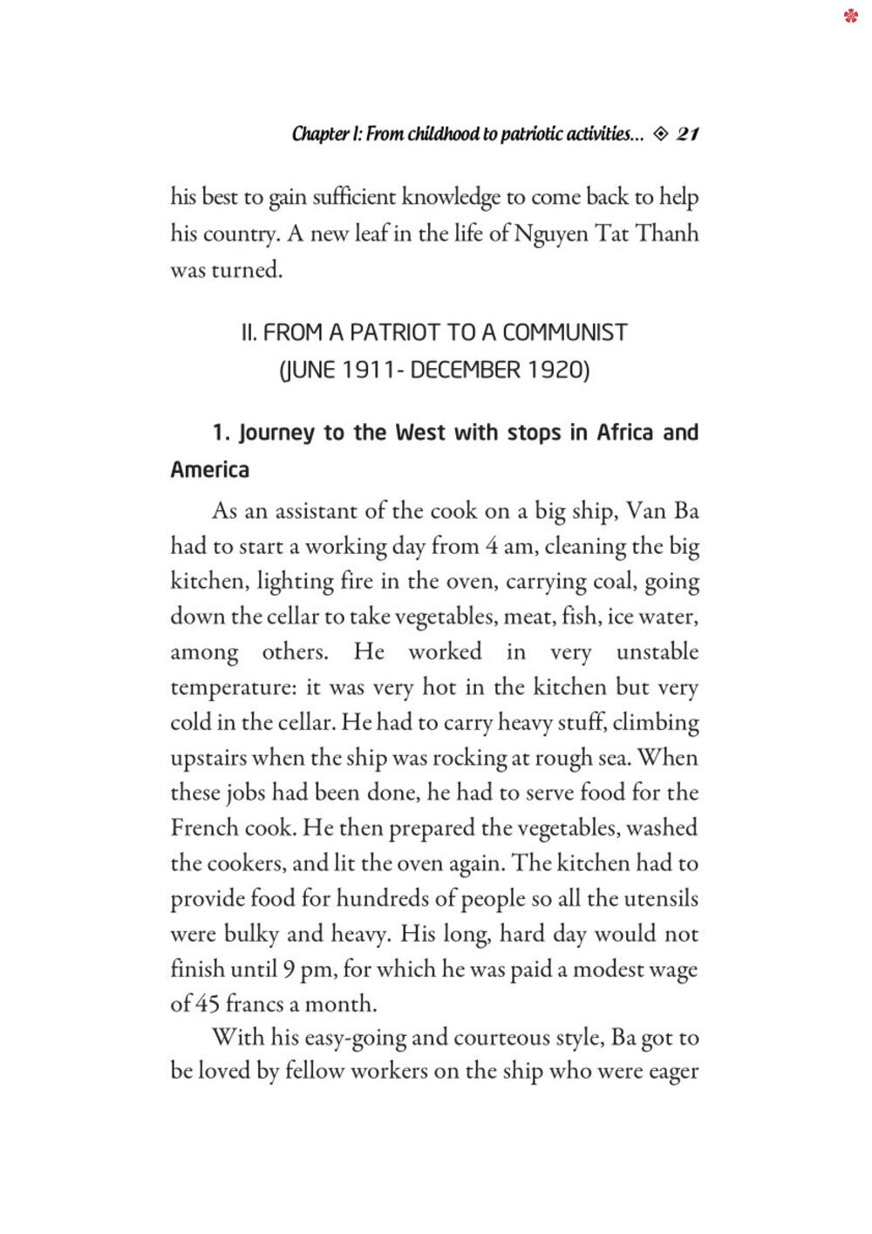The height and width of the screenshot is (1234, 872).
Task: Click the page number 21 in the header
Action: pyautogui.click(x=687, y=133)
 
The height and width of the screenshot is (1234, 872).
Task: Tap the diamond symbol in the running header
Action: pyautogui.click(x=660, y=133)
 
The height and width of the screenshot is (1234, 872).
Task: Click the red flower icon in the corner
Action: pyautogui.click(x=851, y=16)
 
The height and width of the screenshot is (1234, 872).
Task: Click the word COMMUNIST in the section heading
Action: pyautogui.click(x=565, y=332)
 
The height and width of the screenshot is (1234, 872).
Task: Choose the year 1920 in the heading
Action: pyautogui.click(x=555, y=370)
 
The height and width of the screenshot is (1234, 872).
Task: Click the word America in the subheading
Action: pyautogui.click(x=210, y=470)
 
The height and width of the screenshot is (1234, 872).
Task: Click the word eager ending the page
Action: pyautogui.click(x=672, y=1072)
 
